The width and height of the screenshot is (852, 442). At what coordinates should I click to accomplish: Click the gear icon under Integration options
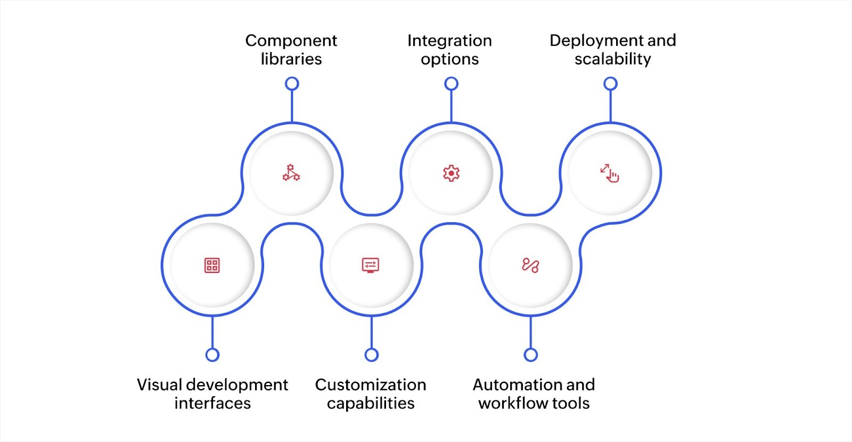pos(451,173)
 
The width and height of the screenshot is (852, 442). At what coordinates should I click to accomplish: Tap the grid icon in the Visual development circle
pos(212,265)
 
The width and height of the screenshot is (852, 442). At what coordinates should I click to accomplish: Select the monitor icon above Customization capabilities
pos(371,265)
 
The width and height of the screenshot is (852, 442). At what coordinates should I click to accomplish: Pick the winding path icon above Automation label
pos(530,265)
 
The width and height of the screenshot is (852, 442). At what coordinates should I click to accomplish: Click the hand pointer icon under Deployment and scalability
pos(610,173)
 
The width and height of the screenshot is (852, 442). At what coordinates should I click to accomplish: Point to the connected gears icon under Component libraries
pos(291,173)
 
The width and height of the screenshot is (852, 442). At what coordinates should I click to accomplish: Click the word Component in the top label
pos(291,40)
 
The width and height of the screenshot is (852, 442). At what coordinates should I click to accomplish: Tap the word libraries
pos(291,59)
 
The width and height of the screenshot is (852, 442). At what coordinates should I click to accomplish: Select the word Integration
pos(449,40)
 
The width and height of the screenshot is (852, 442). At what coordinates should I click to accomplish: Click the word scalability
pos(612,59)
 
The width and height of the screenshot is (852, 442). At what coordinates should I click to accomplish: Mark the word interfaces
pos(212,403)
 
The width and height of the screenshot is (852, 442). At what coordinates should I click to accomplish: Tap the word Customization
pos(371,385)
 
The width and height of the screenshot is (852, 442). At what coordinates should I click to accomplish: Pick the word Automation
pos(511,385)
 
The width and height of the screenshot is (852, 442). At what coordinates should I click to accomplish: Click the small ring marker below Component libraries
pos(292,84)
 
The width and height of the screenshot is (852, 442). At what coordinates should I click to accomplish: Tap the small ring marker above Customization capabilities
pos(372,355)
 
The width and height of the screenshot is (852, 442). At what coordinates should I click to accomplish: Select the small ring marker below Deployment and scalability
pos(610,84)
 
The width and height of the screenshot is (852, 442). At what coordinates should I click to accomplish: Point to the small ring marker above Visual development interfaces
pos(212,355)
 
